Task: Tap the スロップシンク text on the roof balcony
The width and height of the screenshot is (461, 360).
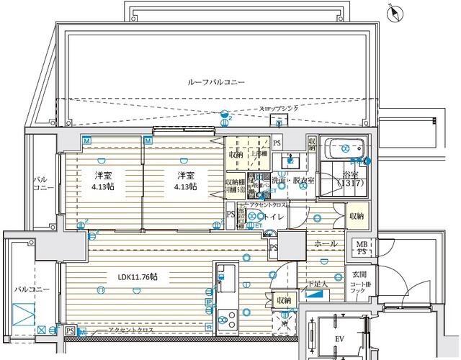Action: (x=285, y=109)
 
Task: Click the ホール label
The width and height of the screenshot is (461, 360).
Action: (x=326, y=244)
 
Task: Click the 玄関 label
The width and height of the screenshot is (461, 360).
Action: (x=359, y=274)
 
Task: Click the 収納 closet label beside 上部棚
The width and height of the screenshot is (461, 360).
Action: (x=236, y=154)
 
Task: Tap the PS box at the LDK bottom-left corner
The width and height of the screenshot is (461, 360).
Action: (x=70, y=330)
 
